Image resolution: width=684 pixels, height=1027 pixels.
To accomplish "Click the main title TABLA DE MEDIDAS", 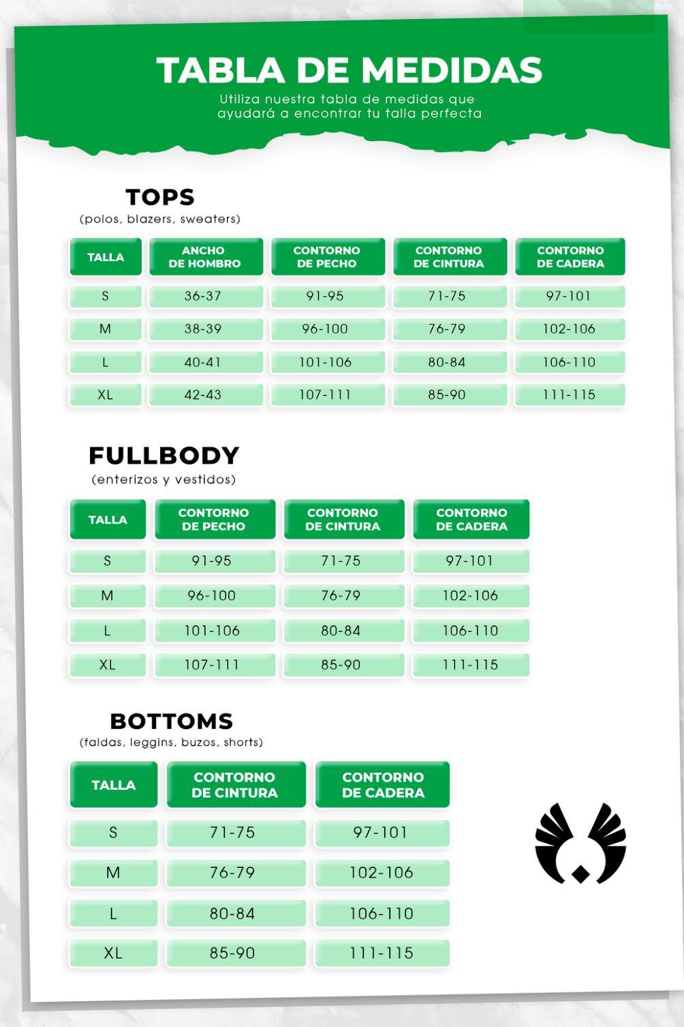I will pos(349,70).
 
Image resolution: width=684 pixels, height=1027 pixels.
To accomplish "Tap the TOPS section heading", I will pos(160,197).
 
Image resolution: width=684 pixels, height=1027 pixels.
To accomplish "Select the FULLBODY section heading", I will pos(164,455).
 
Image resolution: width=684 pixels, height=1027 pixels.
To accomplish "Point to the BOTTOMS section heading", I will pos(171,721).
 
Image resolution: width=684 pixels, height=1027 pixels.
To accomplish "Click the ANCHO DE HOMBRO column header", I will pos(205,257).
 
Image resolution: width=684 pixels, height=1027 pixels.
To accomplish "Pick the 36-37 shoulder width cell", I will pos(203,296).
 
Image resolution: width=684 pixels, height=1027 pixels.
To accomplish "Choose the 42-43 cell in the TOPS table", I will pos(203,395).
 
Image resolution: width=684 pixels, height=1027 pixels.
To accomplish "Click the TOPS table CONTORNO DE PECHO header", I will pos(327,257).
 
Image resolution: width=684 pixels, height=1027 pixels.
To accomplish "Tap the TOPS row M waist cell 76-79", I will pos(447,329).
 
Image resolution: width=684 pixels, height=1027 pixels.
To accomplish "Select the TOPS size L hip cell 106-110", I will pos(569,362).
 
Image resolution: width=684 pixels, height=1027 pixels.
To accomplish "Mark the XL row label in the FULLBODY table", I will pos(107,665).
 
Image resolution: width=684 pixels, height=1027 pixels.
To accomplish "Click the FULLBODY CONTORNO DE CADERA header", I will pos(471,520).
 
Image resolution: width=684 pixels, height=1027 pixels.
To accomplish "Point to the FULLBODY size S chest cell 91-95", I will pos(212,561).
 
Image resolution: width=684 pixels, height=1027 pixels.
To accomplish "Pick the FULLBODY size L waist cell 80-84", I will pos(341,631).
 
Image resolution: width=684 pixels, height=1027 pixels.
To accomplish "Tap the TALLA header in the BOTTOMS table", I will pos(114,785).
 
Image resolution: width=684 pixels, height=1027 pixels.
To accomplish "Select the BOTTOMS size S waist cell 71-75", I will pos(232,833).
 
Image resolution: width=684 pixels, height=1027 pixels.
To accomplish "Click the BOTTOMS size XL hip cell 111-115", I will pos(382,953).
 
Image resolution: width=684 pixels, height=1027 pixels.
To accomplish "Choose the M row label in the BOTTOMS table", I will pos(113,873).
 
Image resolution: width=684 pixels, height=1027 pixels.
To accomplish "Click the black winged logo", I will pos(580,843).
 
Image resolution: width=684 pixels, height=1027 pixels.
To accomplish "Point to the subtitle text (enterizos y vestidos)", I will pos(164,479).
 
